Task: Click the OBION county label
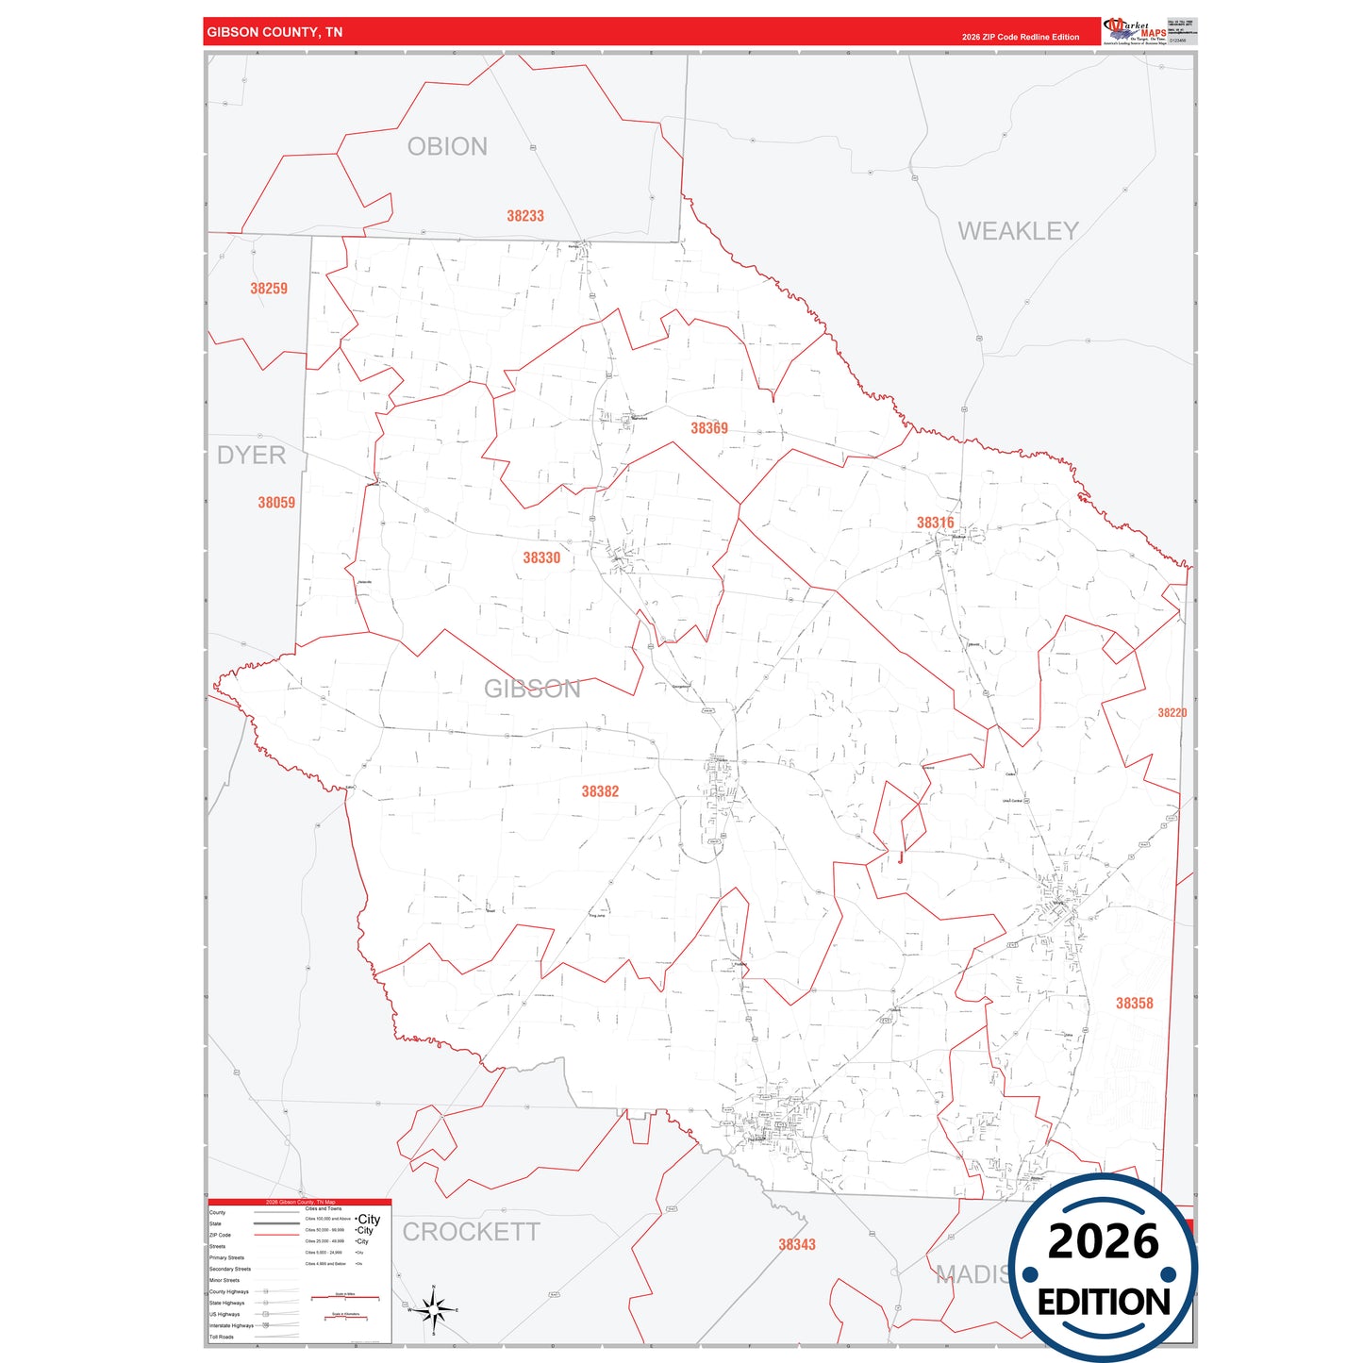point(447,147)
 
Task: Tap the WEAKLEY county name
point(1017,231)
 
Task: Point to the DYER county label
point(251,456)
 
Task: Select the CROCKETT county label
point(471,1232)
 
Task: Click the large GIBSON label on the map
point(532,689)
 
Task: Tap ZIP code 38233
point(525,216)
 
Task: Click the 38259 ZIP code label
point(269,289)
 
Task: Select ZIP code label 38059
point(276,503)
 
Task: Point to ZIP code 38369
point(709,428)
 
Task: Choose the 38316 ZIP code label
point(935,523)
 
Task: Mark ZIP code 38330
point(541,558)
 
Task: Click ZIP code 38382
point(600,791)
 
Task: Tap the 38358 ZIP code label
point(1134,1004)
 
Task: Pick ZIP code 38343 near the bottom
point(797,1245)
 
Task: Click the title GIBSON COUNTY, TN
point(274,32)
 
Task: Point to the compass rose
point(433,1309)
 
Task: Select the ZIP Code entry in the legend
point(220,1235)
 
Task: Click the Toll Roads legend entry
point(222,1337)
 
